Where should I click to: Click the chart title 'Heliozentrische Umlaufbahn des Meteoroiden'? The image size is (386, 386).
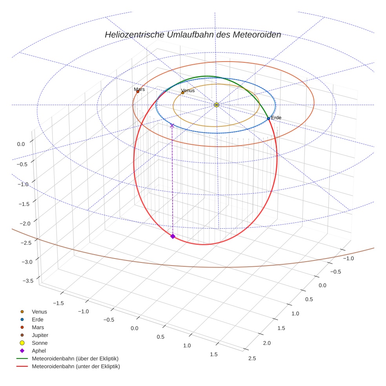pyautogui.click(x=193, y=35)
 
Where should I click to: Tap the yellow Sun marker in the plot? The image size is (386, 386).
pyautogui.click(x=217, y=105)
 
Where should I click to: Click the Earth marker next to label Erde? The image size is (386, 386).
pyautogui.click(x=268, y=118)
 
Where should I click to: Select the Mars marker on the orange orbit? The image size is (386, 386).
pyautogui.click(x=138, y=92)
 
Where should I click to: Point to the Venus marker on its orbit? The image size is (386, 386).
pyautogui.click(x=182, y=93)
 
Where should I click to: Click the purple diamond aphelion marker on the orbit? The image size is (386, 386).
pyautogui.click(x=173, y=236)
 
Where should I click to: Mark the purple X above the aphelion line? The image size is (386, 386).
pyautogui.click(x=172, y=126)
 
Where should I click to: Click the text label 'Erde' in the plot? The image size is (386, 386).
pyautogui.click(x=276, y=118)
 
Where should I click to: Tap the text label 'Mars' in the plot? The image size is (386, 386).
pyautogui.click(x=139, y=89)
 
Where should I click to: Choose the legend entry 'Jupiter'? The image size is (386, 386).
pyautogui.click(x=40, y=335)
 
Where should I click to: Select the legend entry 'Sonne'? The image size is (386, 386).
pyautogui.click(x=40, y=343)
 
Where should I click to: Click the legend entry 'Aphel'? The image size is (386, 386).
pyautogui.click(x=38, y=351)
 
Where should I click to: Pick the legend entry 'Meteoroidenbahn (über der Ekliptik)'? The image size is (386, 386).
pyautogui.click(x=75, y=359)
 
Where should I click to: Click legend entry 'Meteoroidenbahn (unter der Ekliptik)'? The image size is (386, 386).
pyautogui.click(x=76, y=366)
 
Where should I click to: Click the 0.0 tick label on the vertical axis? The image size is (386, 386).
pyautogui.click(x=21, y=144)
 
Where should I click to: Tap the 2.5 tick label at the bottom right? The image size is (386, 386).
pyautogui.click(x=252, y=358)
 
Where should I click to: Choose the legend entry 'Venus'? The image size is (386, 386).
pyautogui.click(x=39, y=311)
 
